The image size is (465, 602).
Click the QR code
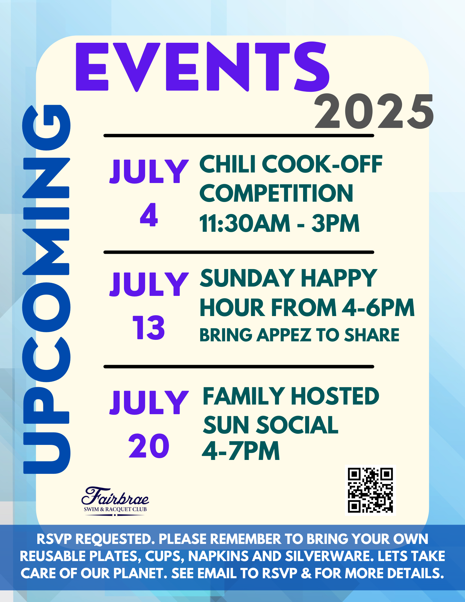point(370,490)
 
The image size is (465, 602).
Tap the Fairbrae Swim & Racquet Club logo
point(115,501)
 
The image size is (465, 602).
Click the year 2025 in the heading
point(374,111)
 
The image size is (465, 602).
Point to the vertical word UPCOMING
point(46,289)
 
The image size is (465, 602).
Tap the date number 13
point(149,328)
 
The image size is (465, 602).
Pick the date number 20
point(149,446)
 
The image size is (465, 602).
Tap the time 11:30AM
point(245,223)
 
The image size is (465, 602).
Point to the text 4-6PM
point(378,307)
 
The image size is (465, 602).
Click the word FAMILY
point(243,396)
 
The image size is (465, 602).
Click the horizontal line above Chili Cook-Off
point(239,136)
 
